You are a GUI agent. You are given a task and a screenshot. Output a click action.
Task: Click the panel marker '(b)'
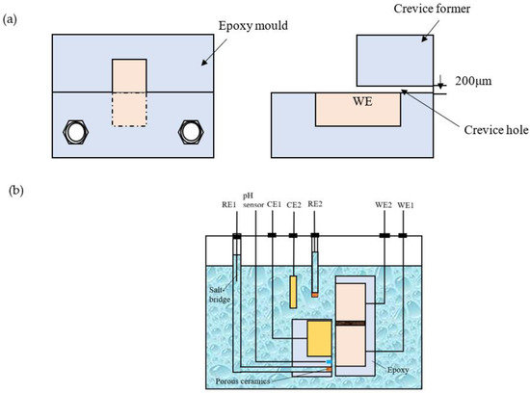(13, 191)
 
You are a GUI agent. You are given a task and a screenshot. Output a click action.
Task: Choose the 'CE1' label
(274, 204)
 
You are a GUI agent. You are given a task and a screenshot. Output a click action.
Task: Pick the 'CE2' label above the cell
(293, 204)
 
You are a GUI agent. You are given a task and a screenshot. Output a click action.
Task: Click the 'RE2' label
(315, 204)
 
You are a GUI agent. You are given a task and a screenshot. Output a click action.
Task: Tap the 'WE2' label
(384, 204)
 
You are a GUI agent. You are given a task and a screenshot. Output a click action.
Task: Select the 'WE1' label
(403, 204)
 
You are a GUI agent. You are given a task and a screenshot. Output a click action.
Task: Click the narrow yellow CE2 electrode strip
(293, 292)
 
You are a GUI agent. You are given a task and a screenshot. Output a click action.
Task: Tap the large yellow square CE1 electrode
(322, 337)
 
